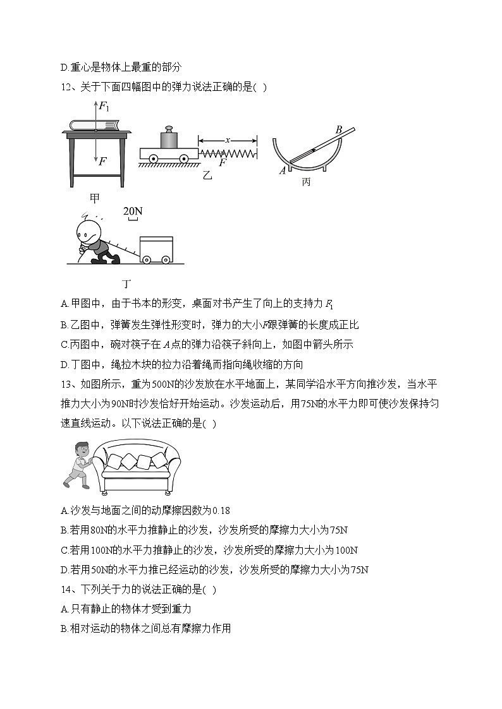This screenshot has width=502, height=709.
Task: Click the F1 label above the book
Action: tap(104, 107)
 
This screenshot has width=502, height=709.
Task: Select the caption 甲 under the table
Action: tap(94, 198)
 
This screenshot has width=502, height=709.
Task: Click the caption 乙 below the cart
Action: tap(206, 176)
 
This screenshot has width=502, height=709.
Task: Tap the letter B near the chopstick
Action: tap(338, 130)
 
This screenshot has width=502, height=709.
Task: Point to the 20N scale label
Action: tap(133, 211)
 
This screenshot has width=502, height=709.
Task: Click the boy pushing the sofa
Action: tap(77, 465)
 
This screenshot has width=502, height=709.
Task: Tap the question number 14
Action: tap(66, 589)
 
